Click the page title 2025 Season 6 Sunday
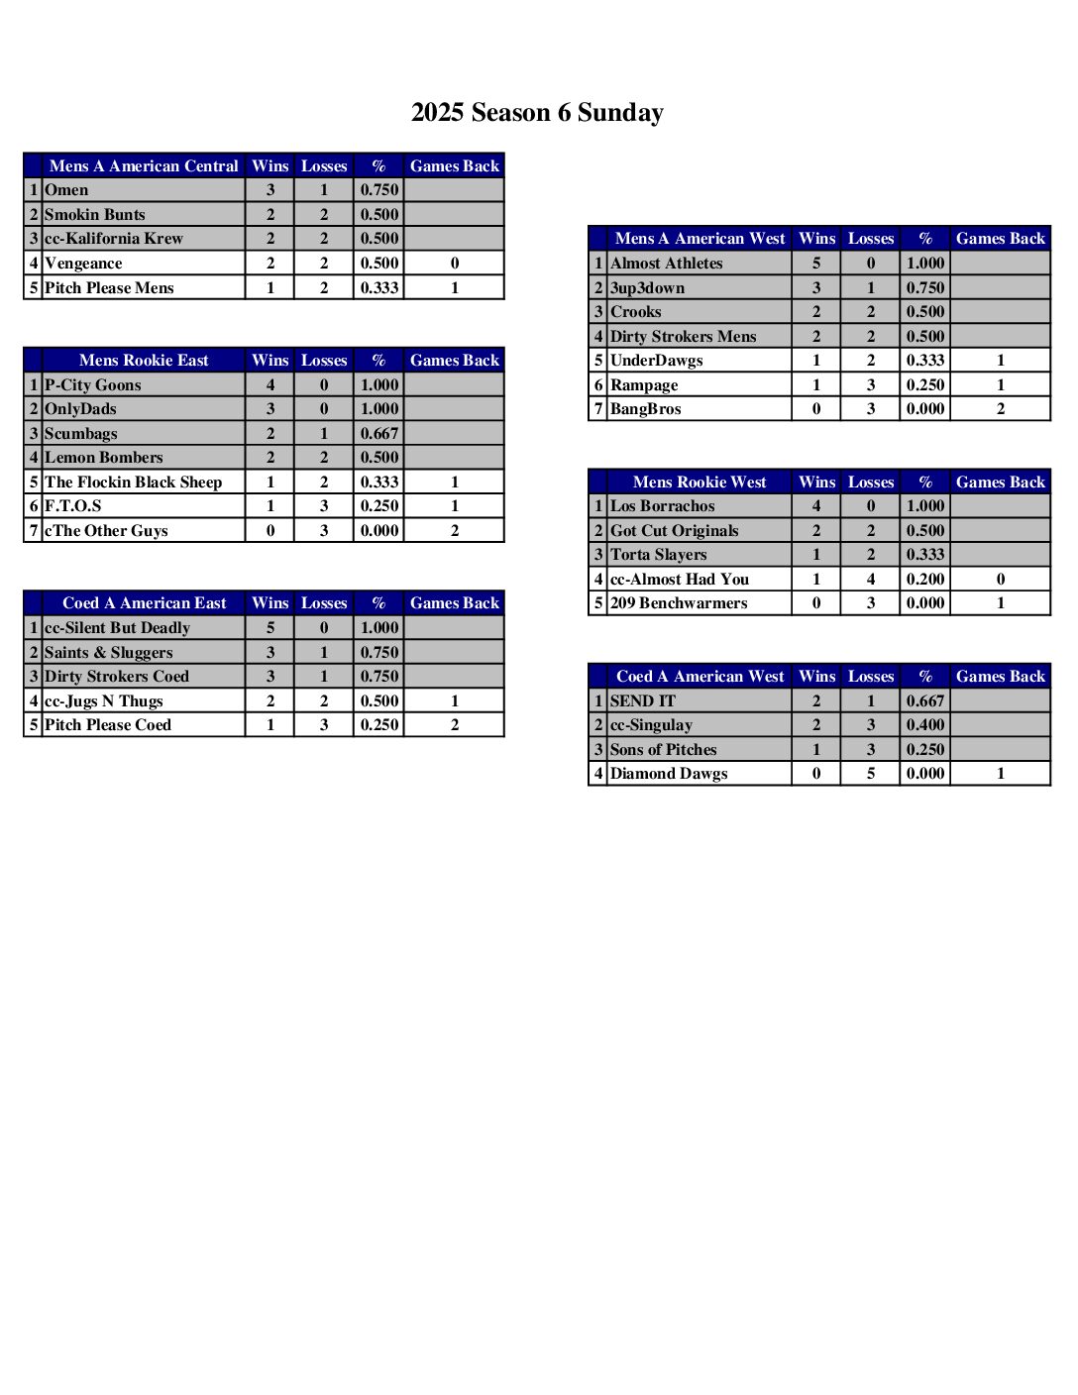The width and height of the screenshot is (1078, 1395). pos(537,113)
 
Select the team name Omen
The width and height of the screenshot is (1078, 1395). pos(66,190)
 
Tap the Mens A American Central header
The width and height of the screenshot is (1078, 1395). pos(144,166)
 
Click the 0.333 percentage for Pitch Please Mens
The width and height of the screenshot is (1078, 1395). pos(379,288)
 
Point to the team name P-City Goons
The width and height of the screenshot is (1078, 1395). pos(93,385)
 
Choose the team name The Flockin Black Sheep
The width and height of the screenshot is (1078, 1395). pos(134,483)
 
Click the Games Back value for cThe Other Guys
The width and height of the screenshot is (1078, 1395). pos(455,531)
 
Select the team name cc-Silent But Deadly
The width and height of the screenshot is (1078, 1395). pos(117,628)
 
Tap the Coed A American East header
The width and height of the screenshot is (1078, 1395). pos(145,603)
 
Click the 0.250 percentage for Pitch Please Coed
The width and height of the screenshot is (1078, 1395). pos(379,725)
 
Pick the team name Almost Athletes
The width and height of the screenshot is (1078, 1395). pos(667,264)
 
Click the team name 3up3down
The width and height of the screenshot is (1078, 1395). pos(648,288)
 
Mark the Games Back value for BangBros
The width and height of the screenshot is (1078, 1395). pos(1001,409)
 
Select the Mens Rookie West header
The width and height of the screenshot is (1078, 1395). pos(700,483)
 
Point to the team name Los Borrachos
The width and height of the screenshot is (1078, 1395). pos(663,506)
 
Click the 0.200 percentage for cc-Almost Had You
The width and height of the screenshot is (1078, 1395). pos(925,580)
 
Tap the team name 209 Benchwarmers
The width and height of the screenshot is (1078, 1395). pos(679,603)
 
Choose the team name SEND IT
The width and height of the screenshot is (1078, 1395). pos(643,701)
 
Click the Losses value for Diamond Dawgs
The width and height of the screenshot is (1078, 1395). pos(871,774)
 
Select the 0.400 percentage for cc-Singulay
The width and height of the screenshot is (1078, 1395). pos(925,725)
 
